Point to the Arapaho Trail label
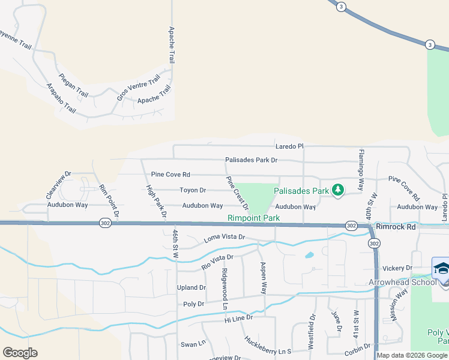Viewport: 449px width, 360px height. click(x=61, y=98)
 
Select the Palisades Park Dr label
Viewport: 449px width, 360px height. click(x=251, y=160)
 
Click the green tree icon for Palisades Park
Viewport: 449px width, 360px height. click(x=338, y=190)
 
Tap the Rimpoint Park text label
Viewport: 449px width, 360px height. click(x=254, y=218)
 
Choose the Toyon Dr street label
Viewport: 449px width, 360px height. click(x=193, y=190)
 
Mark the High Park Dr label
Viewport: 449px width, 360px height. click(x=156, y=201)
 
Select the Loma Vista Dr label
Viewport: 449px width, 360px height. click(x=224, y=238)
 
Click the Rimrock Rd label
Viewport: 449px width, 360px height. click(x=396, y=227)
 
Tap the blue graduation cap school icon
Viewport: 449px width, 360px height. click(x=441, y=268)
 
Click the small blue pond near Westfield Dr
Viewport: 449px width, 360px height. click(x=309, y=255)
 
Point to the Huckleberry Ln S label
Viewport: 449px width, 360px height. click(x=268, y=346)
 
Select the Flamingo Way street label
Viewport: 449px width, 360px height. click(x=361, y=170)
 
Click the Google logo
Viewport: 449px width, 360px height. click(x=20, y=353)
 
